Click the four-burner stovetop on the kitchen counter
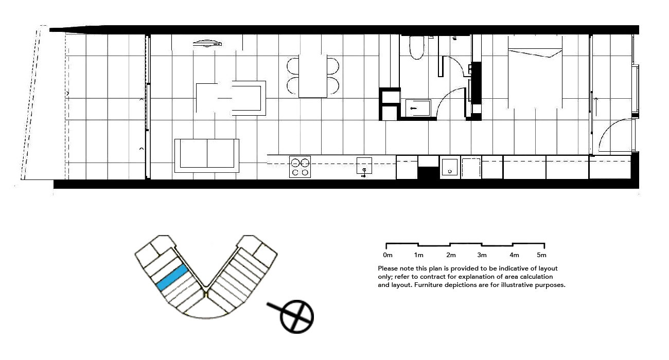pos(301,167)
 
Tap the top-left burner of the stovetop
pos(296,163)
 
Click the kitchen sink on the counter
pos(364,166)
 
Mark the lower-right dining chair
pos(333,85)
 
